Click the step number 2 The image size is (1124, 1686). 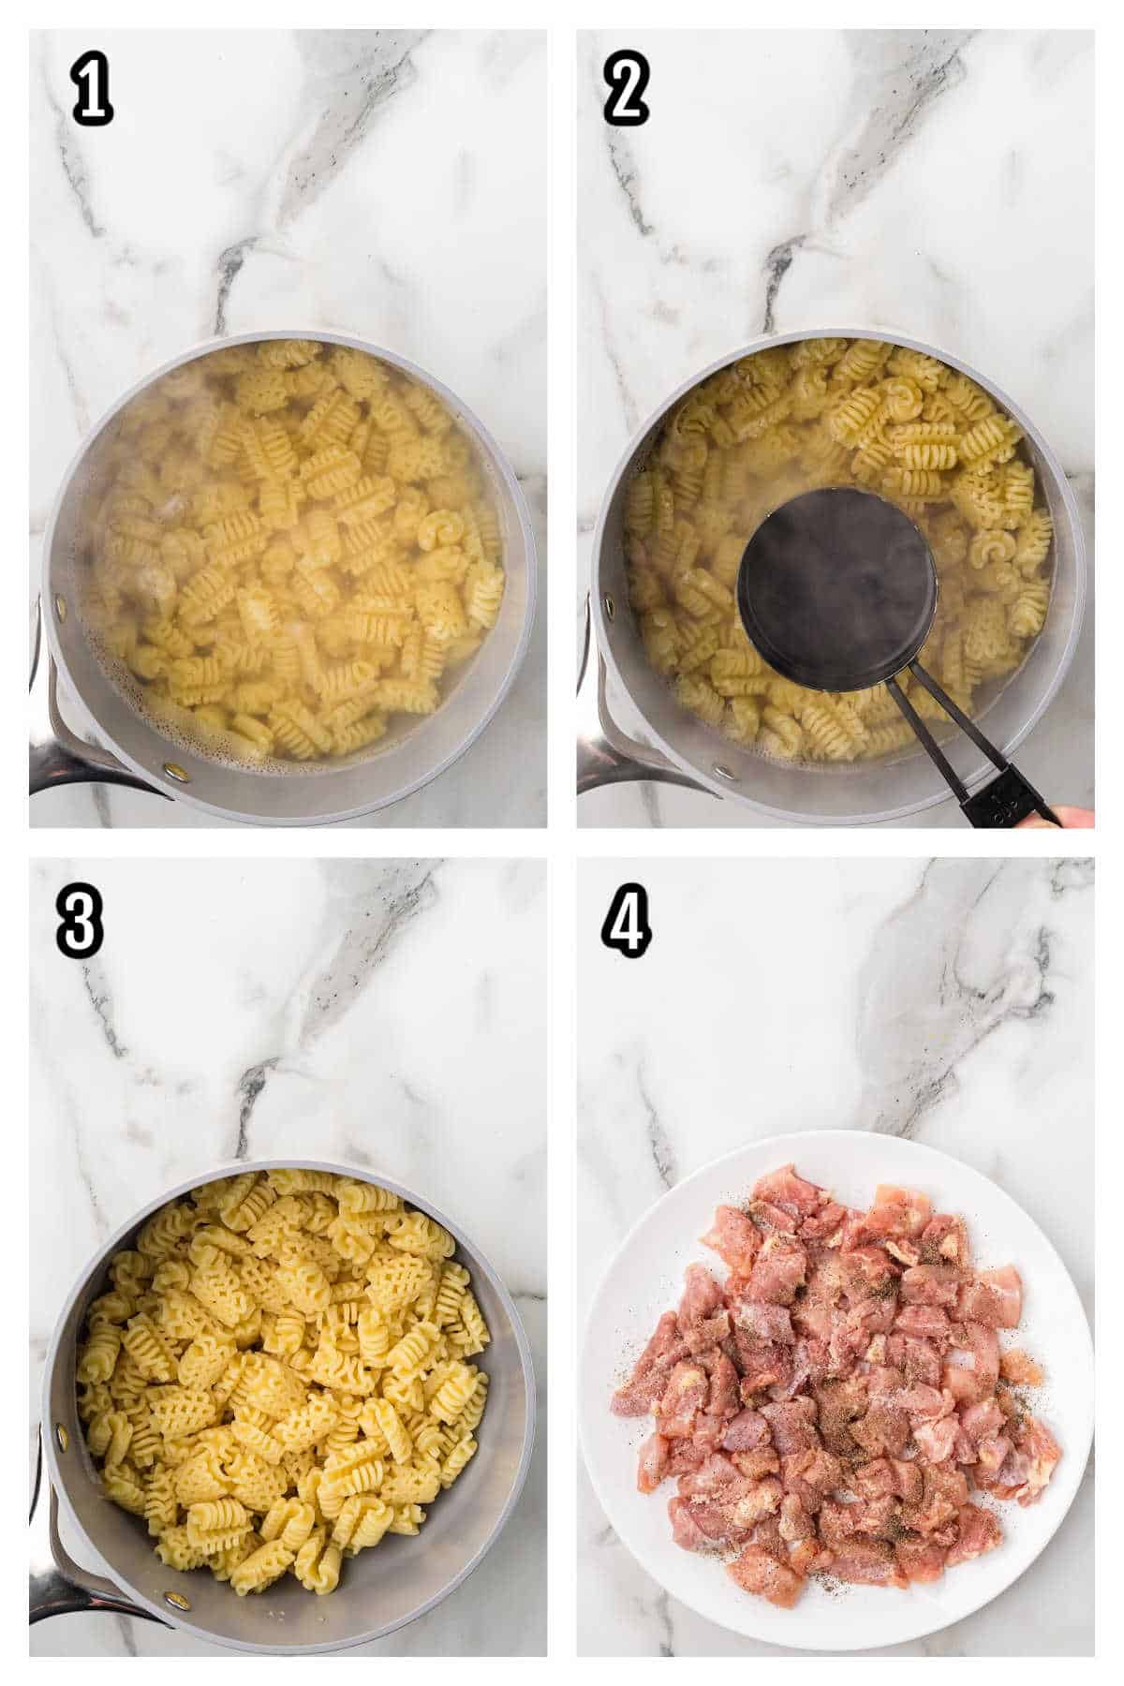(626, 94)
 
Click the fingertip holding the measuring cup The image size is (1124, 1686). (1077, 817)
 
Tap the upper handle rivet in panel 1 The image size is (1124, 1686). (62, 609)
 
